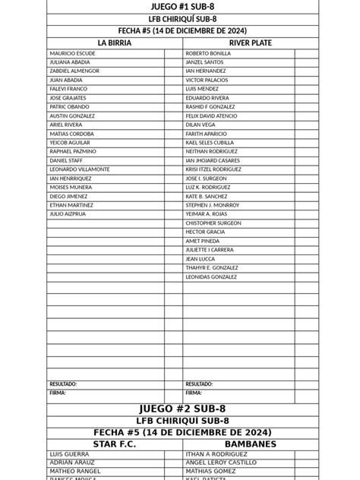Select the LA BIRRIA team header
tap(114, 43)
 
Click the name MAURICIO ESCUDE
tap(72, 54)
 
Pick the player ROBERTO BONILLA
tap(208, 54)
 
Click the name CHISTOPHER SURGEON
tap(213, 223)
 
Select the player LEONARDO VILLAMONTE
tap(80, 169)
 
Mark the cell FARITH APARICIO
tap(207, 134)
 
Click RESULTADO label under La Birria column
tap(62, 384)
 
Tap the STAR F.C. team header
tap(114, 444)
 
